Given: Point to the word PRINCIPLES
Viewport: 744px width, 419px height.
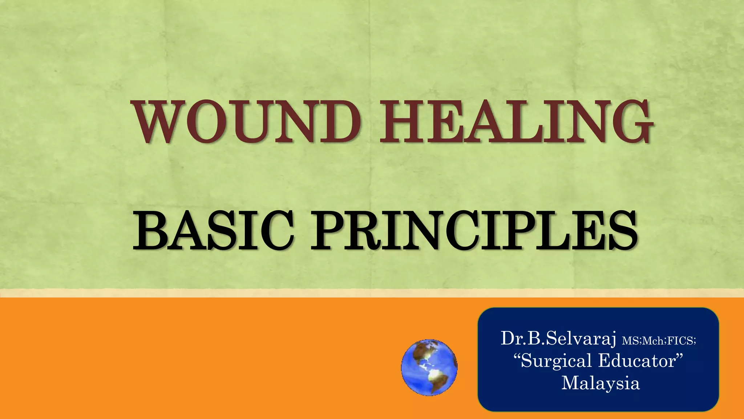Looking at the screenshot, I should click(x=474, y=231).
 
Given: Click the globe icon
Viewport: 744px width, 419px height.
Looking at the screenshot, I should click(x=429, y=367).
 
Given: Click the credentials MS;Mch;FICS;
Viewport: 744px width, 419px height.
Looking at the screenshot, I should click(x=659, y=341).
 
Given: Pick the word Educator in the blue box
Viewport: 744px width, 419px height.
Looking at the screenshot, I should click(x=638, y=361).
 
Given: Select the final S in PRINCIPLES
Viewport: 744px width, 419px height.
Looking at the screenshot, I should click(x=622, y=231).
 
